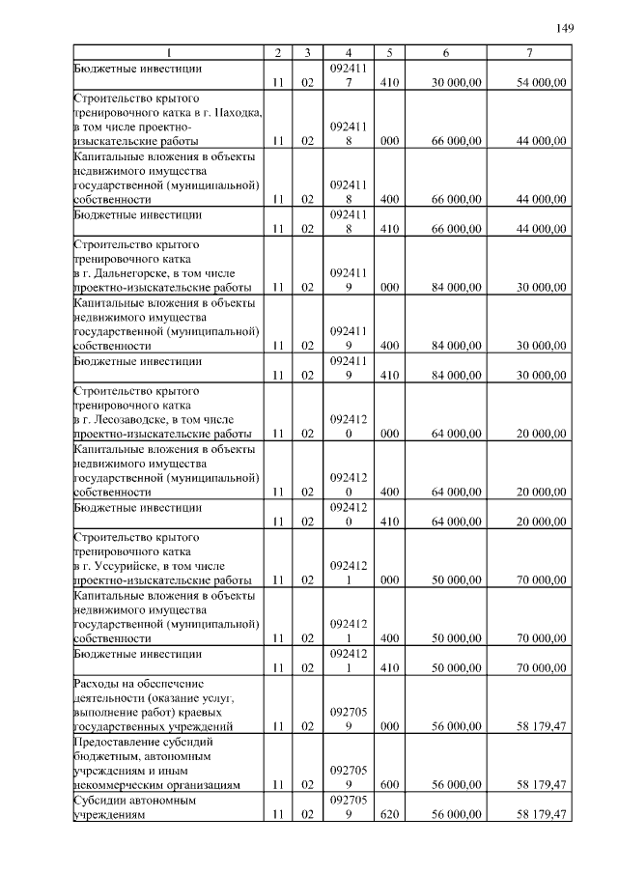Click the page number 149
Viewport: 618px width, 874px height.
565,28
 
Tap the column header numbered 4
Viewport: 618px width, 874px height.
348,51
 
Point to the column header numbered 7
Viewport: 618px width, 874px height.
529,51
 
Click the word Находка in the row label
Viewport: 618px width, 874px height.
237,112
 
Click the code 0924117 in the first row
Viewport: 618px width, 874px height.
348,76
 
